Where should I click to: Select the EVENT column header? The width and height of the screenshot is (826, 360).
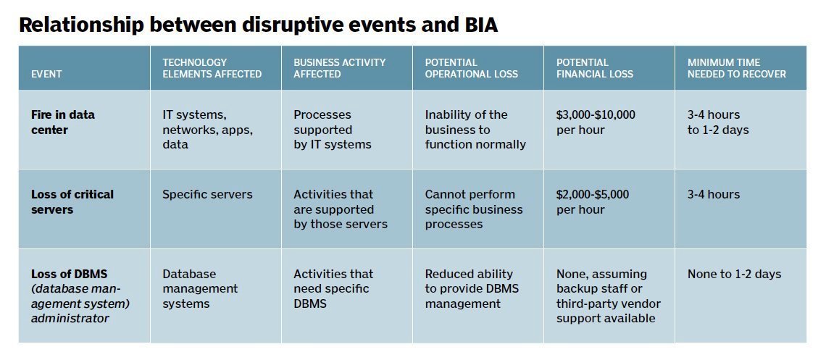click(46, 74)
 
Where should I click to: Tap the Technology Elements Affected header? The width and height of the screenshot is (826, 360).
click(212, 68)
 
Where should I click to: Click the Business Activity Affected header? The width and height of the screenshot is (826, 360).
click(339, 68)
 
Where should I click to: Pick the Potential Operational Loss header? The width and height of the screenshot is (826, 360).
click(471, 68)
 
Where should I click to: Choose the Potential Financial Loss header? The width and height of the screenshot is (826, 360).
click(594, 68)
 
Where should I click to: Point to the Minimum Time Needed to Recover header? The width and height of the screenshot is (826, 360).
click(736, 68)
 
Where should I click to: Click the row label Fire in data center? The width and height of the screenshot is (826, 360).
click(63, 122)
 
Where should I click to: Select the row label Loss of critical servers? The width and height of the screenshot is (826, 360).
click(72, 202)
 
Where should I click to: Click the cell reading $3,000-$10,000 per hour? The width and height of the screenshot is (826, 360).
click(596, 122)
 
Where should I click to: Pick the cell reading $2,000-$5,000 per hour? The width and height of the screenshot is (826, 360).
click(593, 202)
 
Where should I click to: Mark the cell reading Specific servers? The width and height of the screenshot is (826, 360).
click(207, 194)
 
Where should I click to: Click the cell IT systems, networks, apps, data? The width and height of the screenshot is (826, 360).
click(207, 130)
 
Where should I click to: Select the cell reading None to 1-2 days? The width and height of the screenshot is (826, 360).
click(734, 274)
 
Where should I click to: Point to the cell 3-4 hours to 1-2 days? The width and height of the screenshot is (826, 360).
click(718, 122)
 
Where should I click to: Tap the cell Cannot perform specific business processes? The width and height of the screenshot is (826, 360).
click(474, 209)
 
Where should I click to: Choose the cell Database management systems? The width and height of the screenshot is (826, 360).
click(200, 288)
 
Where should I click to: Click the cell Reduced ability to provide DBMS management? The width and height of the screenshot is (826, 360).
click(472, 288)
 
